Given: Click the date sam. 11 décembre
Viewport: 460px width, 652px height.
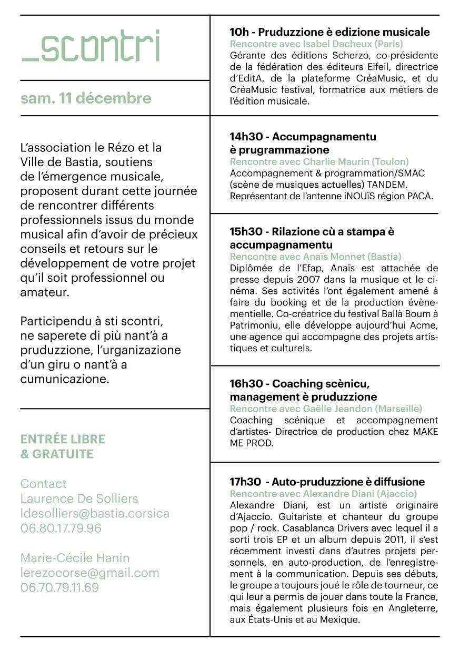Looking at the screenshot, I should pyautogui.click(x=86, y=98).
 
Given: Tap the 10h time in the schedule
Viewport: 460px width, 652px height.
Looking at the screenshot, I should pyautogui.click(x=239, y=32).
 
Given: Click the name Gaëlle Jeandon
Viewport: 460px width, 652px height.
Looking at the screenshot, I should pyautogui.click(x=333, y=409).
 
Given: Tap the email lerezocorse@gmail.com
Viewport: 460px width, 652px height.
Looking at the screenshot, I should pyautogui.click(x=89, y=573).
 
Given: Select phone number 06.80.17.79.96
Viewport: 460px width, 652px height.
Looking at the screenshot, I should pyautogui.click(x=61, y=528).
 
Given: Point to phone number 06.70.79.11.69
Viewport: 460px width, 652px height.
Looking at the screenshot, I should pyautogui.click(x=59, y=587).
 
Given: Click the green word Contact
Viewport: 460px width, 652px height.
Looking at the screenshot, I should pyautogui.click(x=43, y=484).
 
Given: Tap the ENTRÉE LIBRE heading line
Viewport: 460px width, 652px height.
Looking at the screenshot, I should pyautogui.click(x=63, y=439).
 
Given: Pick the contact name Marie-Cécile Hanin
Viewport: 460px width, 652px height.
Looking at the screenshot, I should pyautogui.click(x=75, y=558).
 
